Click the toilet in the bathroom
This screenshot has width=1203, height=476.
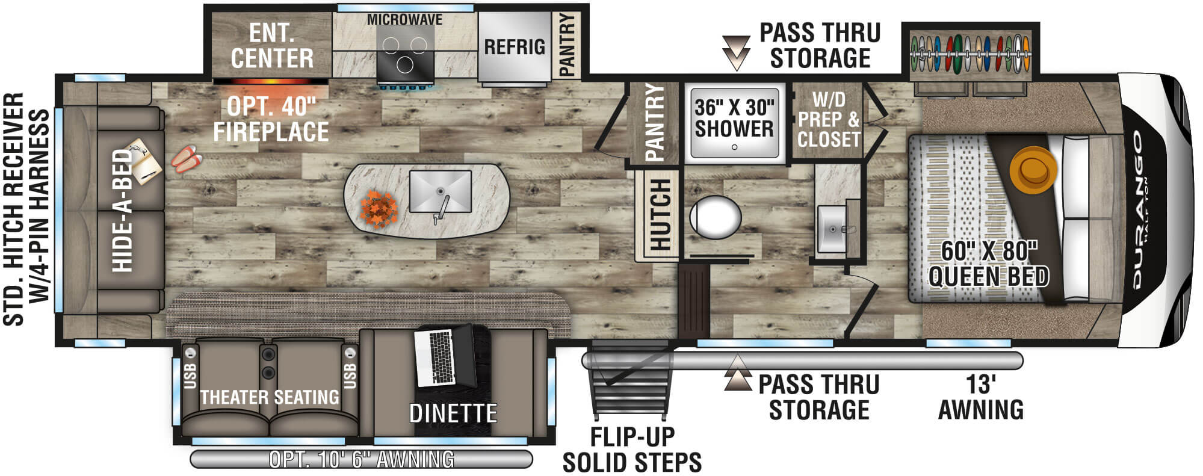[x=714, y=217]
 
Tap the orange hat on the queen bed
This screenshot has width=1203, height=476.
[x=1034, y=167]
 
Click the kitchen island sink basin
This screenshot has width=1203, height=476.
[x=440, y=191]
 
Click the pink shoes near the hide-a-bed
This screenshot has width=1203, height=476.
[x=187, y=158]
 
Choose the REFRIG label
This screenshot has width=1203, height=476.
[x=515, y=47]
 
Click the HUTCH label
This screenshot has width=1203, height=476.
[x=660, y=215]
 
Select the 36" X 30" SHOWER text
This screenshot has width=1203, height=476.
[x=734, y=118]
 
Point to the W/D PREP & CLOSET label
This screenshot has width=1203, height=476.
[x=829, y=119]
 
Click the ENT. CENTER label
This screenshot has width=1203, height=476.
[x=272, y=46]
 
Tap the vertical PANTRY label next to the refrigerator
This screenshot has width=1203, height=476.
[x=567, y=45]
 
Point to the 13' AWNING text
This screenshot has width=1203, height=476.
[x=981, y=397]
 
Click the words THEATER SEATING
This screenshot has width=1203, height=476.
[x=270, y=397]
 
